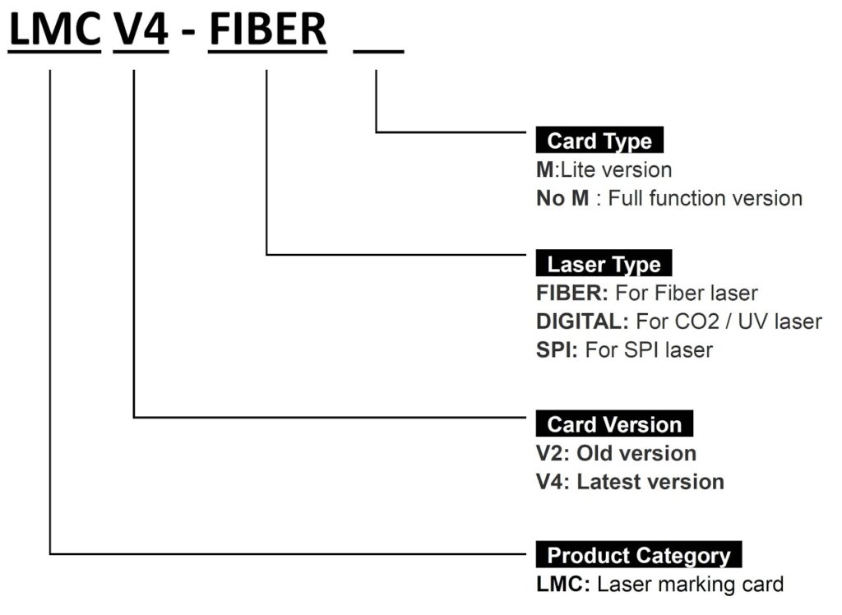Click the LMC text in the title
[55, 30]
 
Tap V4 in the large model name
[141, 30]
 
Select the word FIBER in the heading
[267, 30]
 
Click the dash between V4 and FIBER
[188, 34]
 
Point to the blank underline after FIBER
[378, 52]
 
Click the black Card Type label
[599, 141]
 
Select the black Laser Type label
[604, 263]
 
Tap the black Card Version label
[614, 423]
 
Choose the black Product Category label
[638, 555]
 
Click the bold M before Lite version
[544, 170]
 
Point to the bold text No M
[562, 199]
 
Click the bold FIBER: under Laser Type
[572, 294]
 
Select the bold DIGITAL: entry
[582, 321]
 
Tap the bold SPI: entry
[557, 350]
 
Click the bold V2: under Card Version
[553, 454]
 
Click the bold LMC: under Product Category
[563, 585]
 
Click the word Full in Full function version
[626, 199]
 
